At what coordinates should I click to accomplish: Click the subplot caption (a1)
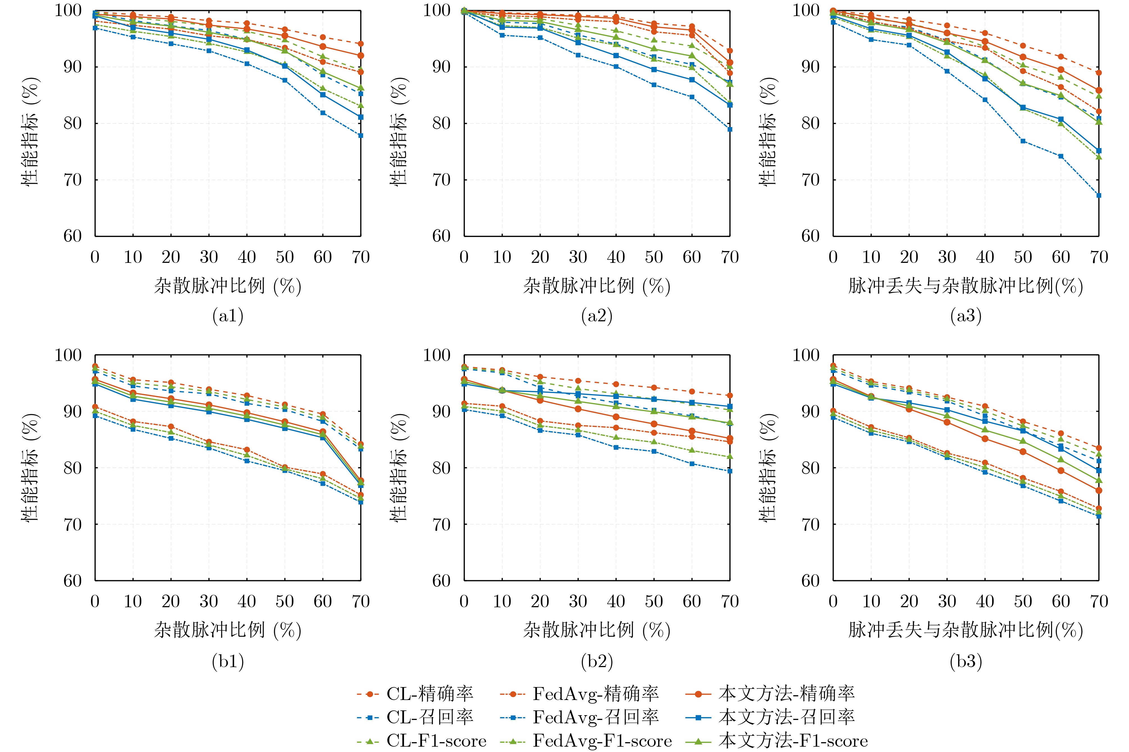pyautogui.click(x=228, y=316)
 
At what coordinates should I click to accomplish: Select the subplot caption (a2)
pyautogui.click(x=597, y=316)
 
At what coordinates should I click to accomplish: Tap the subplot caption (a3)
pyautogui.click(x=965, y=316)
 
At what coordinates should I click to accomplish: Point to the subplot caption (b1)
pyautogui.click(x=228, y=661)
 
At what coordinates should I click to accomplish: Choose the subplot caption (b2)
pyautogui.click(x=597, y=661)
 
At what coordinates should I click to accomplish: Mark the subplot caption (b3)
pyautogui.click(x=965, y=661)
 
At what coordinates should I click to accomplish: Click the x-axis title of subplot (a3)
pyautogui.click(x=965, y=286)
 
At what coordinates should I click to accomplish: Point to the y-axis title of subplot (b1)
pyautogui.click(x=30, y=468)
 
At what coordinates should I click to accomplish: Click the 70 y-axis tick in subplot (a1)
pyautogui.click(x=73, y=180)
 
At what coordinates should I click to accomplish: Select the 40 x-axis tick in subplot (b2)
pyautogui.click(x=616, y=601)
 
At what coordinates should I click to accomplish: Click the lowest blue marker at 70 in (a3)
pyautogui.click(x=1099, y=195)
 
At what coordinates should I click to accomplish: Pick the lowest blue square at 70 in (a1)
pyautogui.click(x=361, y=136)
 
